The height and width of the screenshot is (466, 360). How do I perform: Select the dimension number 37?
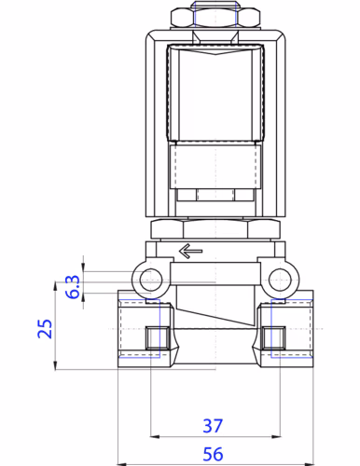coord(213,426)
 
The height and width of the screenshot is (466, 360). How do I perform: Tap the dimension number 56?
coord(213,454)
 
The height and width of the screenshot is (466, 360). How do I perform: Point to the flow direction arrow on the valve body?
coord(190,250)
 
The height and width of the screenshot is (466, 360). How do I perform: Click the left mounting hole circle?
coord(146,278)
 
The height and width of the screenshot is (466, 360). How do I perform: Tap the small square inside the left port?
coord(156,336)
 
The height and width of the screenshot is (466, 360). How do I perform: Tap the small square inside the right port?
coord(272,336)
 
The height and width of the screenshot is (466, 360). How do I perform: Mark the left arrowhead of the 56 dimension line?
coord(121,462)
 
